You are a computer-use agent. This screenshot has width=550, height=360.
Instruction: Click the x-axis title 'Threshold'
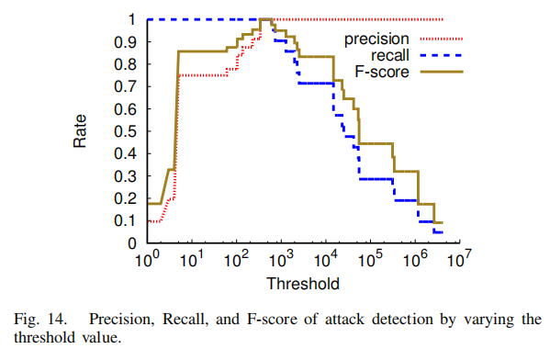pyautogui.click(x=302, y=282)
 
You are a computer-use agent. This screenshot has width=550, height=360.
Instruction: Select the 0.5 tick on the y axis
pyautogui.click(x=131, y=131)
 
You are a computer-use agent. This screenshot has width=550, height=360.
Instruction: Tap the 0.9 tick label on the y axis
pyautogui.click(x=131, y=41)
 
